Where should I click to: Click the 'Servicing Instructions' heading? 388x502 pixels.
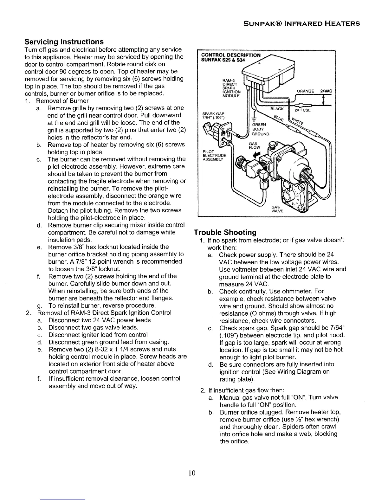[x=64, y=42]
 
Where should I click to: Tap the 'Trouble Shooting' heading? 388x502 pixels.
[x=225, y=232]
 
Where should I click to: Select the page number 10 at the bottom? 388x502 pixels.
[x=191, y=473]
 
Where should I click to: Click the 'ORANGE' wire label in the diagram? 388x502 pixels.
[x=305, y=91]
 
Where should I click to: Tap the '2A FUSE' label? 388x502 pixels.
[x=303, y=111]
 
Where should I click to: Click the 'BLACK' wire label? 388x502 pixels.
[x=277, y=109]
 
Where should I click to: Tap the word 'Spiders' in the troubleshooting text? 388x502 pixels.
[x=299, y=427]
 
